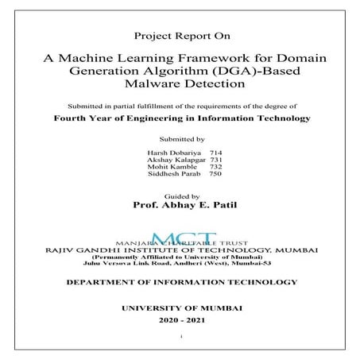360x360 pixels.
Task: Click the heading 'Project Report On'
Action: click(180, 37)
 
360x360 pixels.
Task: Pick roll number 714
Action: click(213, 152)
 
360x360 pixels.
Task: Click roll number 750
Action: click(214, 176)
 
